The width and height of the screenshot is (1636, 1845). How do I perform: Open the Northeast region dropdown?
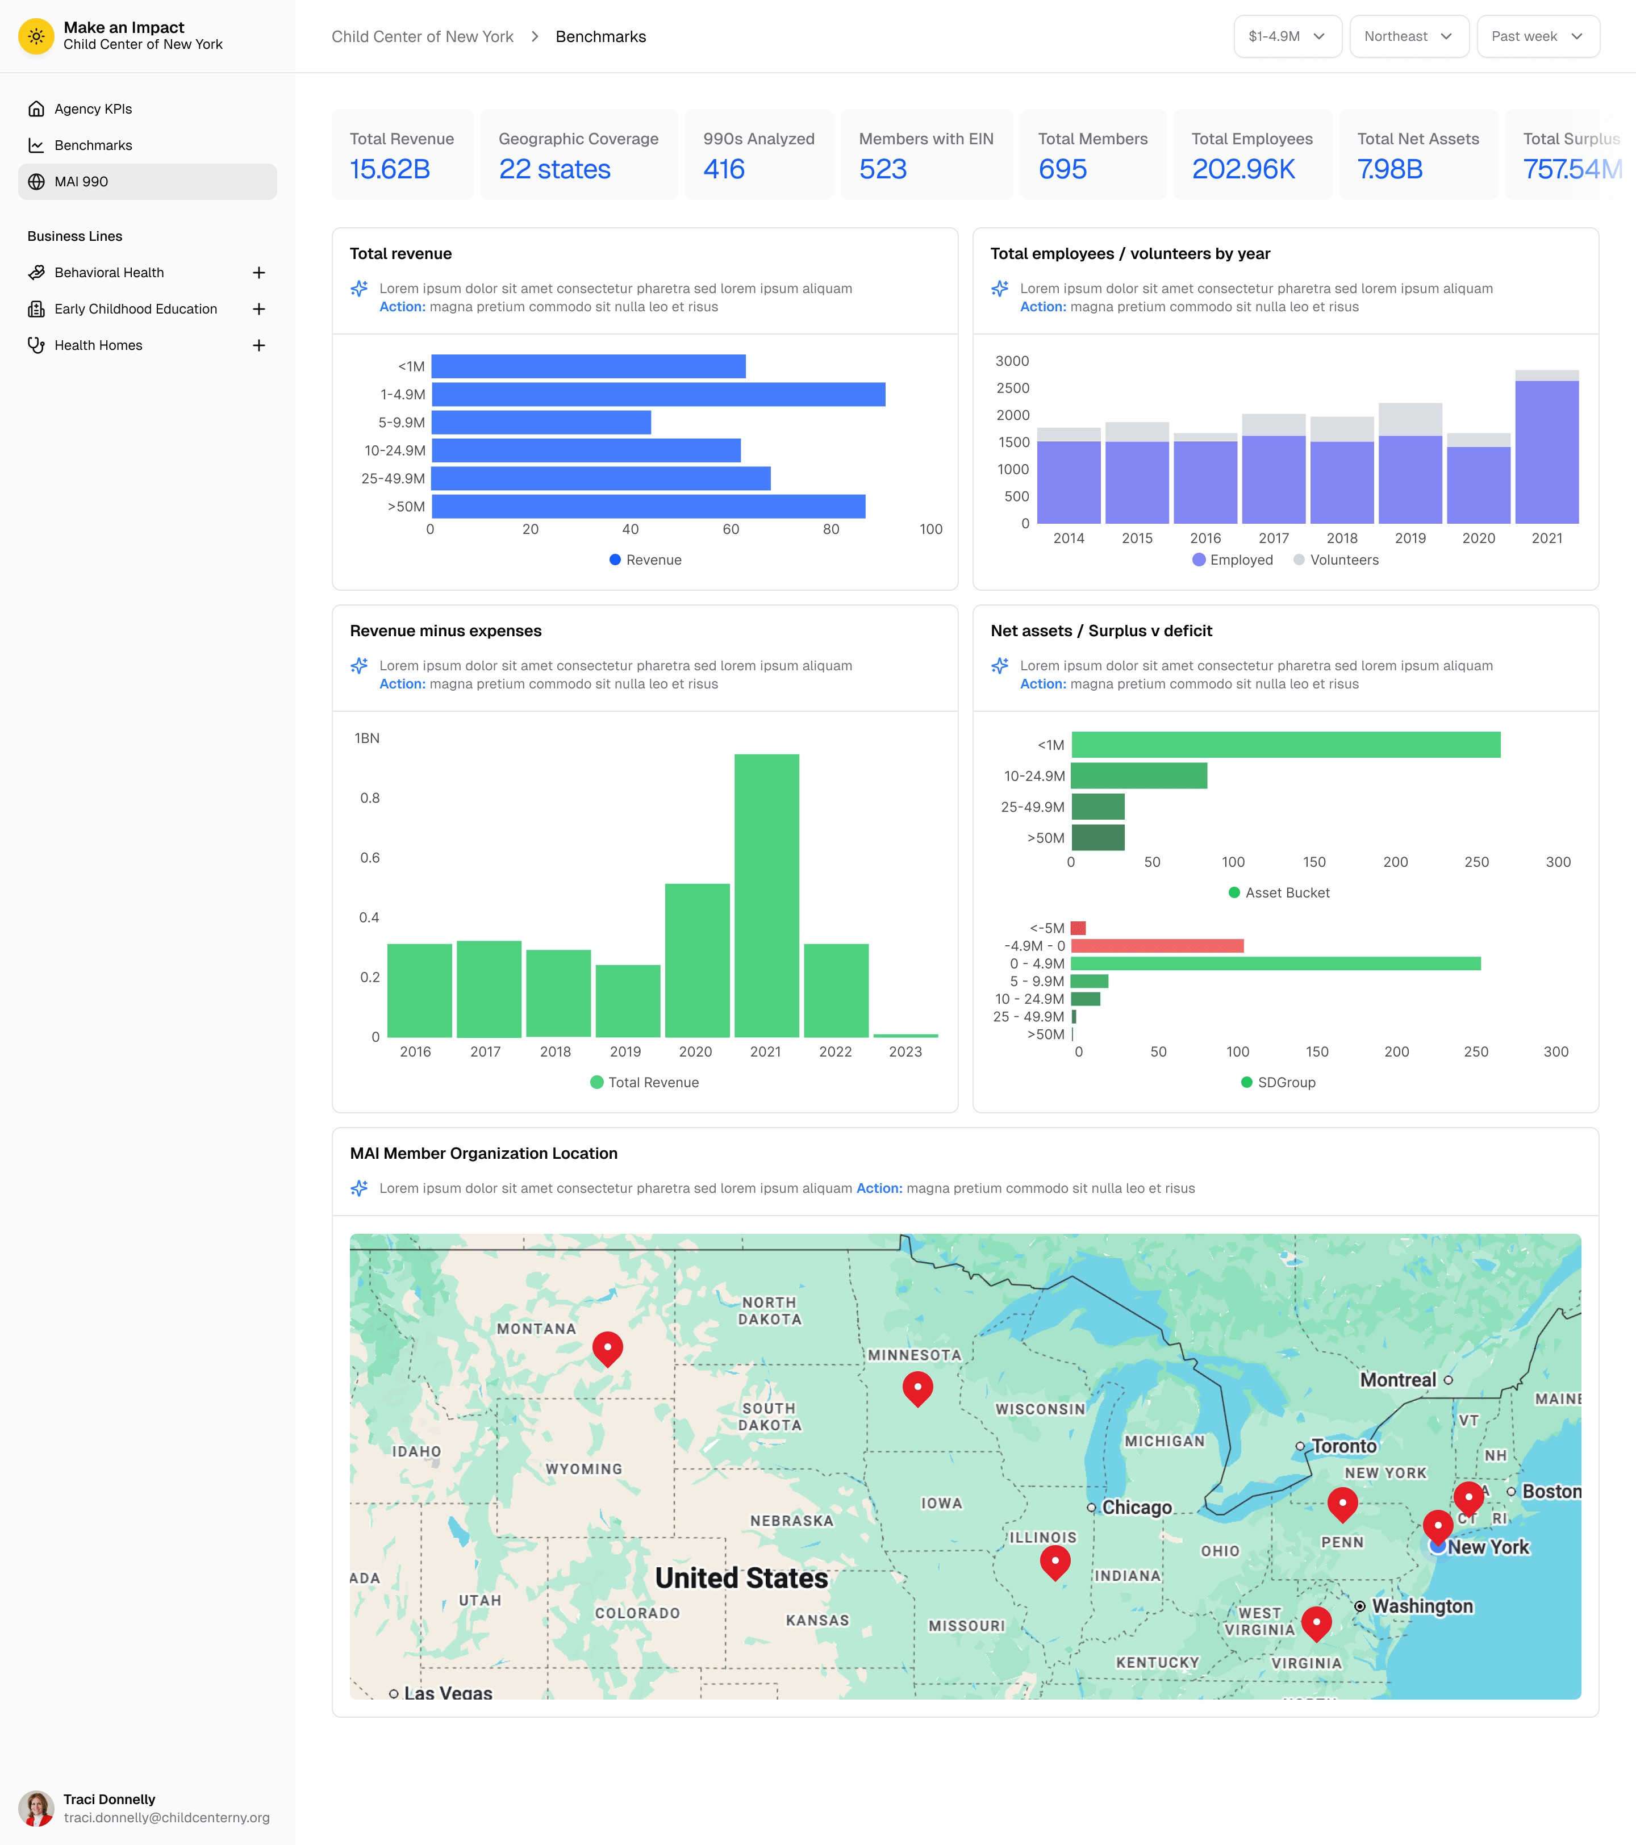tap(1408, 36)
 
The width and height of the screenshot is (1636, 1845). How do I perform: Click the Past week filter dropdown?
tap(1537, 36)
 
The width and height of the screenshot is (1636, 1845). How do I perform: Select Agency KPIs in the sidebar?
tap(93, 109)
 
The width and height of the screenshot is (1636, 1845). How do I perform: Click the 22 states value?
tap(554, 169)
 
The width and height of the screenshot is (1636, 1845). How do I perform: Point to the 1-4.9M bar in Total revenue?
tap(658, 394)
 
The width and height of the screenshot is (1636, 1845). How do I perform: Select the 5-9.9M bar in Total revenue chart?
tap(541, 423)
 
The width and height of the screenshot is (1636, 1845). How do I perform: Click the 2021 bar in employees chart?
tap(1547, 452)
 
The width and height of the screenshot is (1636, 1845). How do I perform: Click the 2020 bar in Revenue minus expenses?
tap(697, 961)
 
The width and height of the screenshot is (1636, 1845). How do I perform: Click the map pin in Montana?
tap(608, 1347)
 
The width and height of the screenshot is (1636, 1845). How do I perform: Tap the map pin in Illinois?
tap(1054, 1560)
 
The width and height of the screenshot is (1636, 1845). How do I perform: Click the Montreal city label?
tap(1397, 1380)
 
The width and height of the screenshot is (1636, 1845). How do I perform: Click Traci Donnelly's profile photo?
tap(36, 1808)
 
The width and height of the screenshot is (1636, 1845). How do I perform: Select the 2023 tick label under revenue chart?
tap(905, 1051)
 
